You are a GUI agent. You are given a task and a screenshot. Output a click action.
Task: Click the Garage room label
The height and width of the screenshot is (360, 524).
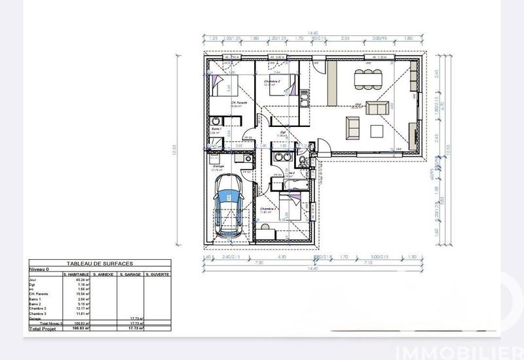coord(218,166)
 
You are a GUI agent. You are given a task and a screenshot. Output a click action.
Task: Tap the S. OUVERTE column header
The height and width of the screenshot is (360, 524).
coord(157,274)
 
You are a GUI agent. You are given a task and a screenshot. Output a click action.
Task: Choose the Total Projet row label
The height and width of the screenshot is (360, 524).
coord(43,328)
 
